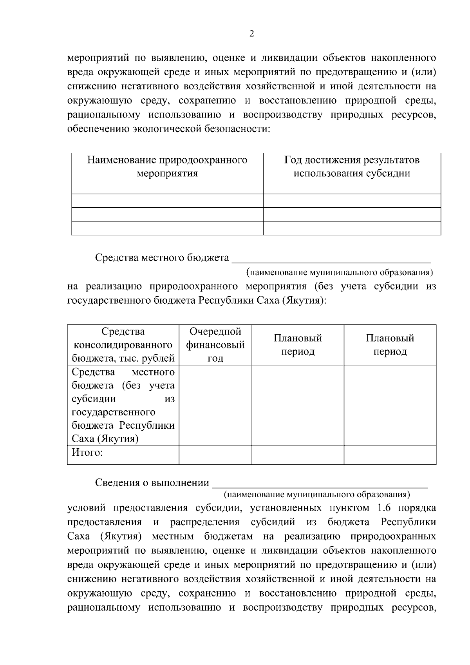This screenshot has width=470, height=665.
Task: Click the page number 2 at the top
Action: (x=251, y=34)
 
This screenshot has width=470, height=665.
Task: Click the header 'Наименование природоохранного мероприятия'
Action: (x=167, y=167)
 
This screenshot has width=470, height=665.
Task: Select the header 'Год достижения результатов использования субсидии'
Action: (x=352, y=167)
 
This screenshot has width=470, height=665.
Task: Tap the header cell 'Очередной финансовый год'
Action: (x=215, y=345)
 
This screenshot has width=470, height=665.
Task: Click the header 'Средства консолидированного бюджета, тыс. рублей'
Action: (x=123, y=345)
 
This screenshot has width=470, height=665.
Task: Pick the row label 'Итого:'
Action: (x=87, y=453)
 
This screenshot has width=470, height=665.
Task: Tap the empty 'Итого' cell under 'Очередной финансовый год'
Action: (x=215, y=455)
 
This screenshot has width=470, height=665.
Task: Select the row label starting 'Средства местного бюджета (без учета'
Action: (x=123, y=405)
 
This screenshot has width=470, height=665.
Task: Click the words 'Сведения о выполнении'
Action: (x=152, y=483)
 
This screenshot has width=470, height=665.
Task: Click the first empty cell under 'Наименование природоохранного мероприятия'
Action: (x=167, y=187)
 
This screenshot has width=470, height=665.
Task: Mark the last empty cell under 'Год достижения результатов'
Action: (x=352, y=228)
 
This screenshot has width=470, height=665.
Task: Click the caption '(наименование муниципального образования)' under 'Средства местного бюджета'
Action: (x=339, y=272)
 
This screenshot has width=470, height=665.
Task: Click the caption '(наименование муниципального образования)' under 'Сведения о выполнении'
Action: (x=316, y=494)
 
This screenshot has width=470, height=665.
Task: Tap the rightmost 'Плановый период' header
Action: (x=390, y=345)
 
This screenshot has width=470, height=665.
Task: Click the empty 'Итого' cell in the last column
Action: (x=390, y=455)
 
